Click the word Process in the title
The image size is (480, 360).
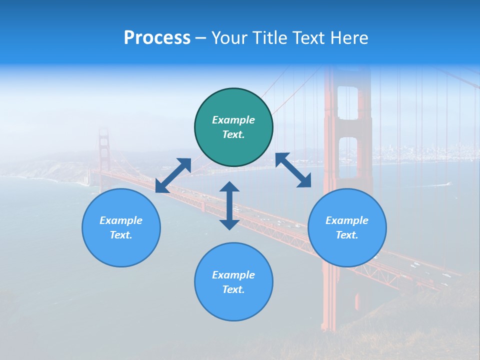[x=157, y=38]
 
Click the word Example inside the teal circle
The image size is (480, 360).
[x=233, y=120]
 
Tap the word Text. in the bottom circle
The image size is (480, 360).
[x=233, y=289]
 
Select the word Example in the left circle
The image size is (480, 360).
[x=121, y=220]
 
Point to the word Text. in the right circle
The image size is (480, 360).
[x=347, y=235]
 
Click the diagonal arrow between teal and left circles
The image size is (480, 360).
[x=173, y=175]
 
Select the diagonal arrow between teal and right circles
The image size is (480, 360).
[x=293, y=170]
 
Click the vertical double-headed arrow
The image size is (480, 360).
[x=229, y=205]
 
